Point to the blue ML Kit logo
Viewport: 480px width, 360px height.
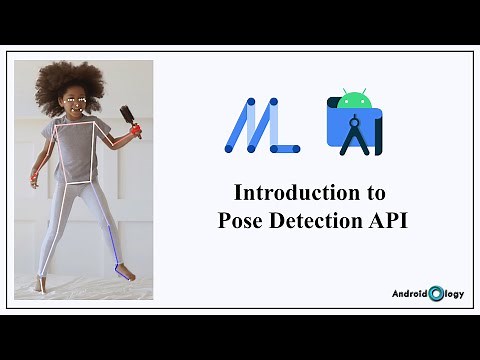(x=261, y=126)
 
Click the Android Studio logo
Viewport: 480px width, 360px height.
(x=353, y=124)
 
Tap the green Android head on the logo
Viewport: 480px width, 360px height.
(x=353, y=100)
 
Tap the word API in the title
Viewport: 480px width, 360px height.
(x=389, y=221)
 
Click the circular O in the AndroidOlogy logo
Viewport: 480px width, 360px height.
(x=436, y=294)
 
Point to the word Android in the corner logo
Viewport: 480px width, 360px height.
(x=409, y=294)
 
